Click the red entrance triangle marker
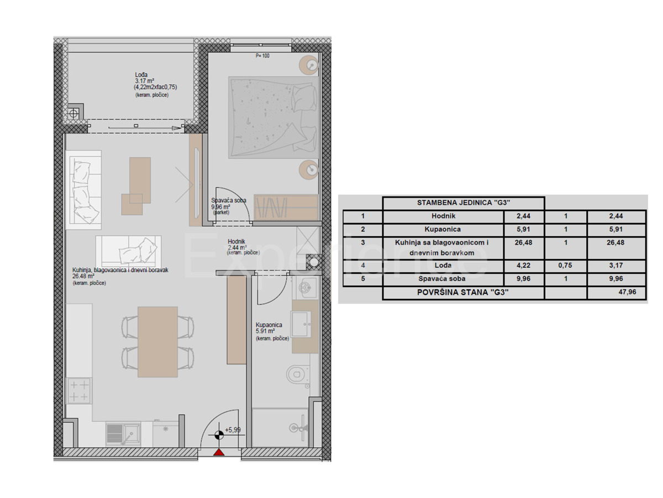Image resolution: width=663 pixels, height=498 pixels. [x=219, y=453]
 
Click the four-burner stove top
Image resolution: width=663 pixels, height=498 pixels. [x=78, y=391]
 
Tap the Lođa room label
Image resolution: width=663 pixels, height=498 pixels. [x=141, y=75]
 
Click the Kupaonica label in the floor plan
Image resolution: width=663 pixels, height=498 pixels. [x=269, y=325]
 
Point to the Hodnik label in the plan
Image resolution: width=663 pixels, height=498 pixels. [x=236, y=241]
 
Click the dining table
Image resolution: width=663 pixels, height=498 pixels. [x=157, y=342]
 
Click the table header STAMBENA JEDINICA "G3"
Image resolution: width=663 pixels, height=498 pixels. [x=463, y=203]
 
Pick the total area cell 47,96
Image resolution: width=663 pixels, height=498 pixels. [x=617, y=293]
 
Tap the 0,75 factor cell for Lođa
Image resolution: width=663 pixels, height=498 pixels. [x=565, y=264]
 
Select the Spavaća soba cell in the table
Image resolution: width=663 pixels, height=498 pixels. [x=442, y=279]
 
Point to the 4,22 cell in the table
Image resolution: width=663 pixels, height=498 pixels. [x=523, y=264]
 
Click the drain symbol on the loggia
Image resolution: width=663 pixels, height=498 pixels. [x=73, y=113]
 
